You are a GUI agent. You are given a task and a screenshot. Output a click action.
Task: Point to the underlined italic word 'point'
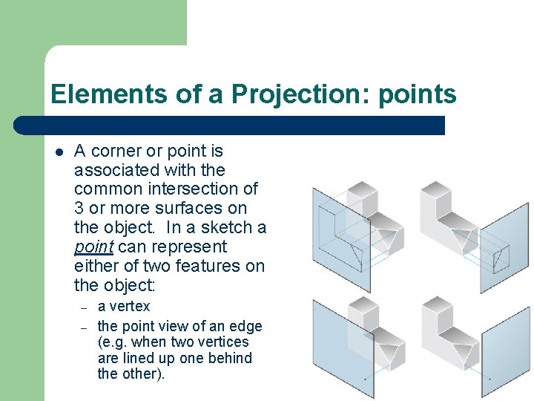93,247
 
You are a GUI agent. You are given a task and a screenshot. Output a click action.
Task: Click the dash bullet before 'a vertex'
85,307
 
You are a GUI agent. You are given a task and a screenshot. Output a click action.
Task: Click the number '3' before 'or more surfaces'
79,208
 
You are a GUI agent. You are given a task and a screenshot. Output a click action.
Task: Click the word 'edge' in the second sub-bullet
245,326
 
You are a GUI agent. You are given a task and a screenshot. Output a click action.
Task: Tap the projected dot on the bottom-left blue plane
364,378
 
